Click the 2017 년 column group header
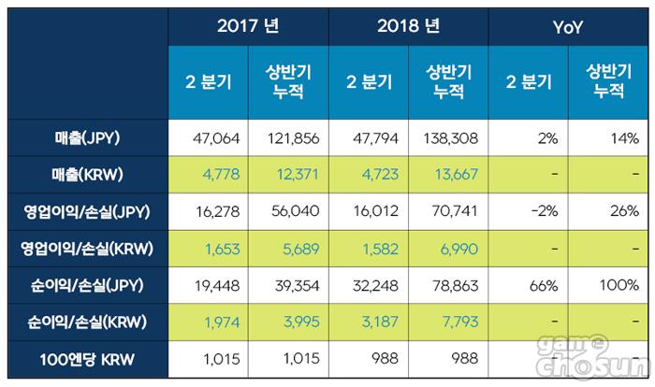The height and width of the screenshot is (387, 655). [x=249, y=27]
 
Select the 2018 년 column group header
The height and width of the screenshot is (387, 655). [x=409, y=27]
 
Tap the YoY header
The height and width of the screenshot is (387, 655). [x=567, y=27]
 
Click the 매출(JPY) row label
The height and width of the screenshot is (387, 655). [x=89, y=138]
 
